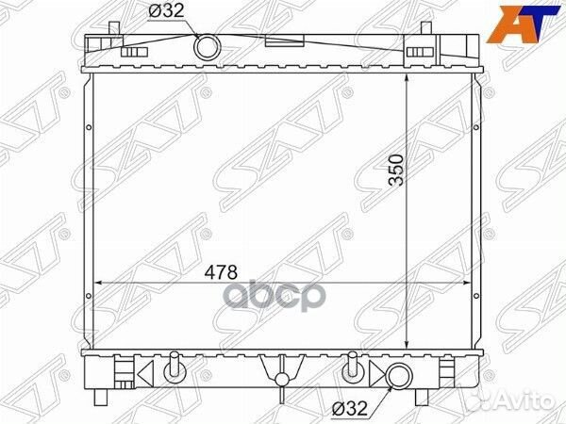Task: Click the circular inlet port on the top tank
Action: point(207,46)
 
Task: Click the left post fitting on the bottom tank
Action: point(174,369)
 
